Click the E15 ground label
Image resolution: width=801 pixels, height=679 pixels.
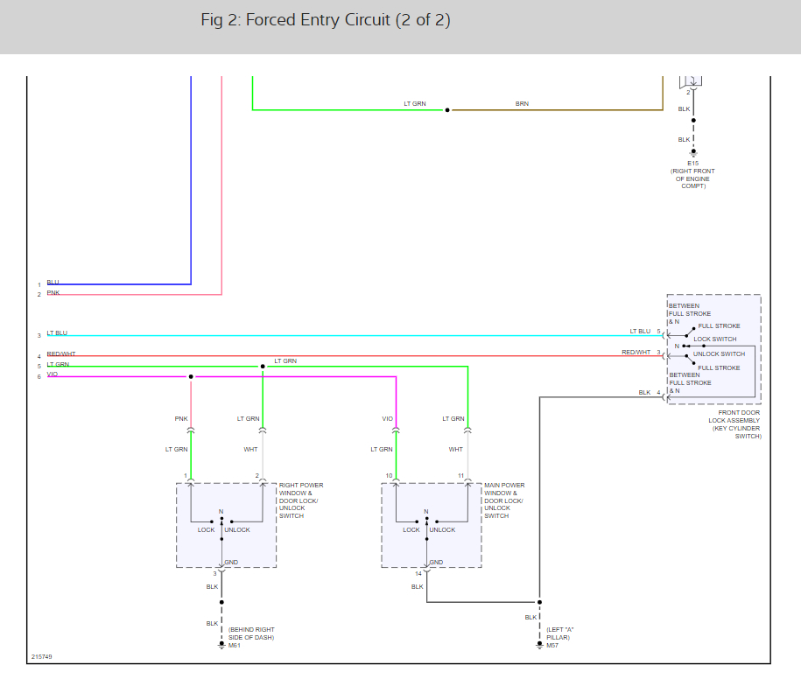pos(692,163)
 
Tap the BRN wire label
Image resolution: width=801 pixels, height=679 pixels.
pos(522,104)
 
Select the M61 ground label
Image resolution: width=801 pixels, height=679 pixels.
pos(234,646)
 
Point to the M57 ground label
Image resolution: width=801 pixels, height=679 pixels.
pos(552,646)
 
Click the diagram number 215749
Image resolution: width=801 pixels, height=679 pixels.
pos(41,656)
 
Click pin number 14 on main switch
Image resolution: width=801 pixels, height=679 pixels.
pos(418,574)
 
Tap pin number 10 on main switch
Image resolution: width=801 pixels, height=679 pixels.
pos(388,476)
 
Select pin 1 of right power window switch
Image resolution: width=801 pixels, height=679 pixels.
pos(186,476)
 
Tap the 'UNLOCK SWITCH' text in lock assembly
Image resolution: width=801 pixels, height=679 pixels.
pos(719,354)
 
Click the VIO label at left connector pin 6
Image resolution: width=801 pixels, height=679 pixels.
pos(53,374)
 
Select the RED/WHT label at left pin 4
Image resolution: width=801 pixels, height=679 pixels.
pos(61,354)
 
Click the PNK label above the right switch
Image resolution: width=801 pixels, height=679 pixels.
pos(181,419)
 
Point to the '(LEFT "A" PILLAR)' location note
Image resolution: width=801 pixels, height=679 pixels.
pos(559,633)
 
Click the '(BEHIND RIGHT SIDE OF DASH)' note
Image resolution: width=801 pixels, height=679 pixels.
pos(251,633)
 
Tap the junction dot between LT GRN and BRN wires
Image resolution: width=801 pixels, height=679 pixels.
pos(447,110)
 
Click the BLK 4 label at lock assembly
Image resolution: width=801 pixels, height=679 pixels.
pos(649,393)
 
